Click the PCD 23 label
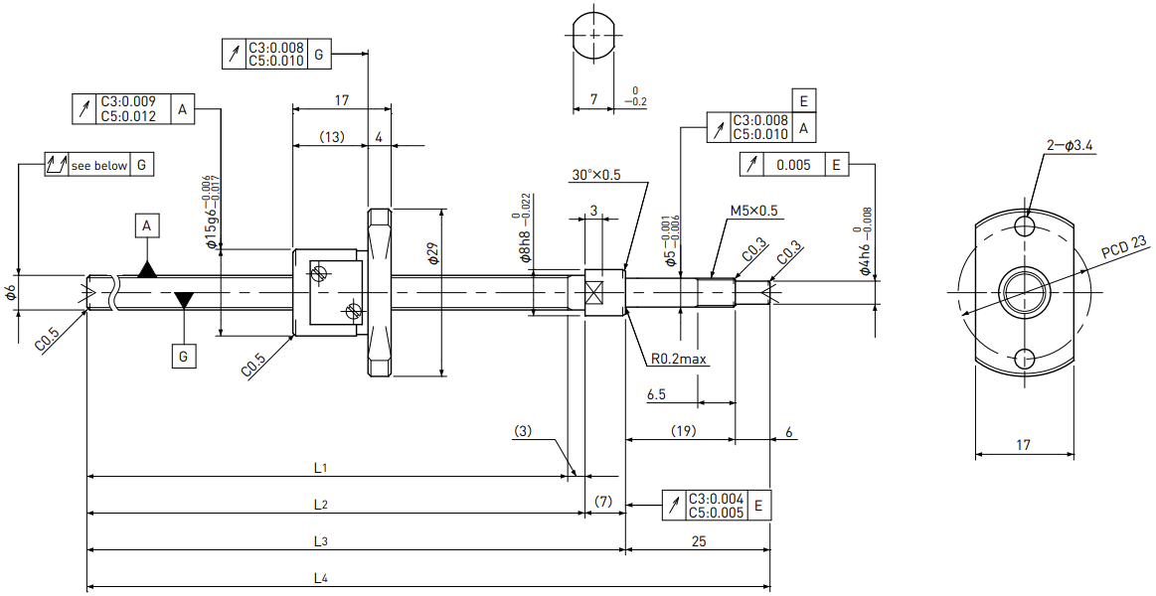[1123, 249]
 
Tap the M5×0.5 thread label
[753, 211]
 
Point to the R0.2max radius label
[678, 360]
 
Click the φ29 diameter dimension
[432, 255]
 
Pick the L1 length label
[320, 467]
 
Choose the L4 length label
[320, 578]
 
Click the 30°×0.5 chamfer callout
[595, 176]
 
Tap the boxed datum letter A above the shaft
[147, 226]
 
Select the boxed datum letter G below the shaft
[184, 357]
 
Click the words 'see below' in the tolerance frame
[98, 166]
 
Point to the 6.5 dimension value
[656, 395]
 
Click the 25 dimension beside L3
[699, 541]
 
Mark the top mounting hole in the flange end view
[1024, 224]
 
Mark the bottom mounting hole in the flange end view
[1024, 360]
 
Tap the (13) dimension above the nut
[332, 137]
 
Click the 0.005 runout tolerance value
[793, 165]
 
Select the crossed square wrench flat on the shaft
[595, 292]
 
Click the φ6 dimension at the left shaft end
[10, 292]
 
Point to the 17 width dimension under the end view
[1023, 444]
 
